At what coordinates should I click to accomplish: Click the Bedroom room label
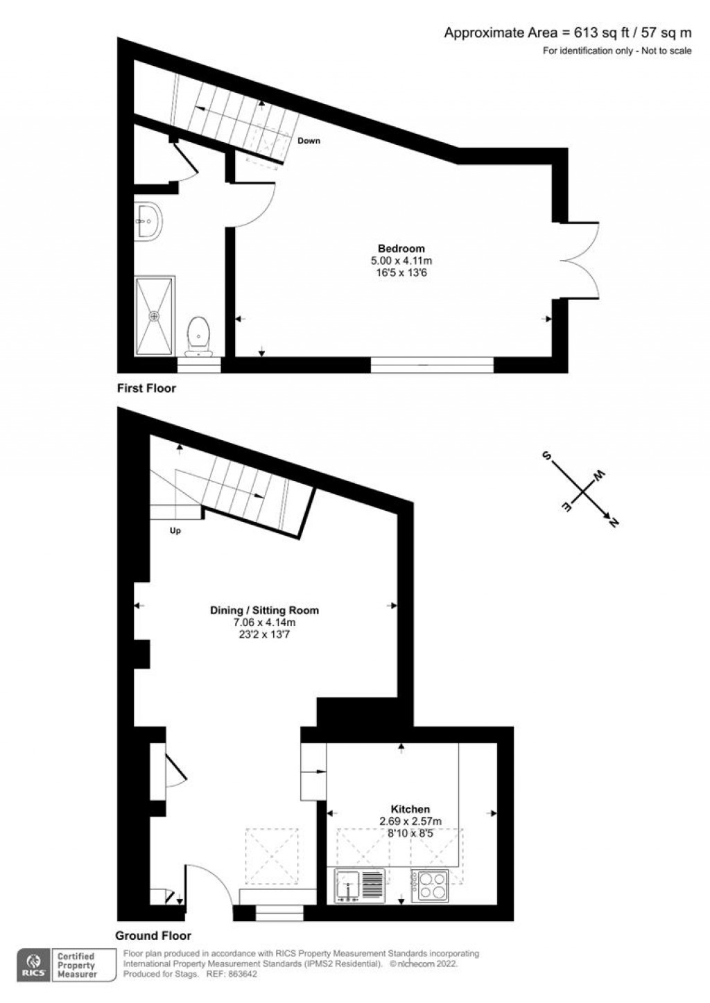click(401, 248)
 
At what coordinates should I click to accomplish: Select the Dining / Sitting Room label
click(264, 610)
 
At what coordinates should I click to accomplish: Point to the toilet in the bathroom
click(198, 336)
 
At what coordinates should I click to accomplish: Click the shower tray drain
click(155, 316)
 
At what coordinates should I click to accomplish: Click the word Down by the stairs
click(309, 141)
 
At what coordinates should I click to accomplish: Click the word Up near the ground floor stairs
click(175, 531)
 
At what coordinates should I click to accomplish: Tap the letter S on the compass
click(547, 456)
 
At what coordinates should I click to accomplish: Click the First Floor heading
click(146, 388)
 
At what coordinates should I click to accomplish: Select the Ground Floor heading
click(153, 936)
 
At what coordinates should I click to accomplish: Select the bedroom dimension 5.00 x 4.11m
click(401, 260)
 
